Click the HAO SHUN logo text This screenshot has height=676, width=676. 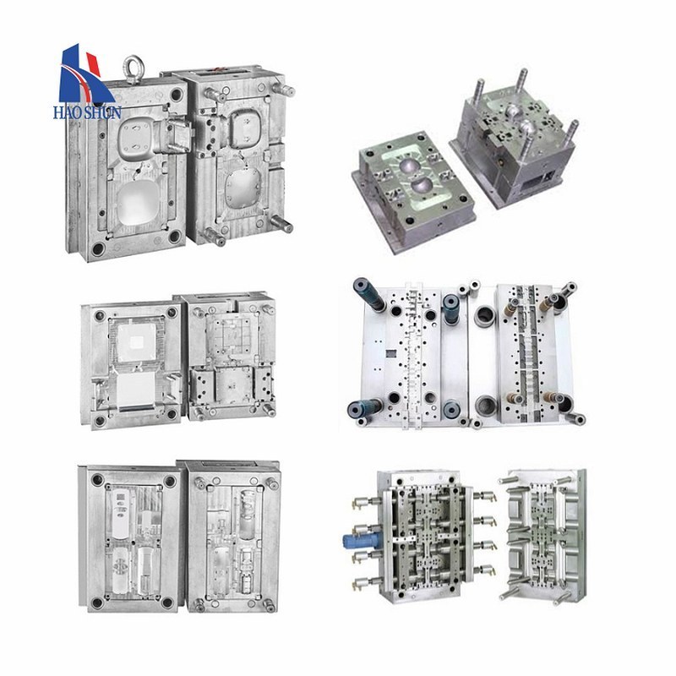click(87, 113)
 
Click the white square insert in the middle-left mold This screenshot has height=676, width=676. click(137, 342)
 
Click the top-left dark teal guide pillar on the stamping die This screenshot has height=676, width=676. click(368, 292)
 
